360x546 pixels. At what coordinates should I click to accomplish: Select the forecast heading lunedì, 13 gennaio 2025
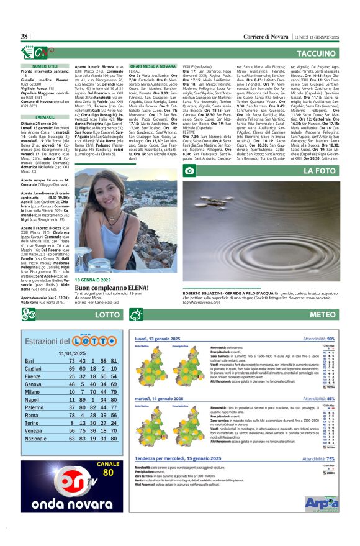163,339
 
